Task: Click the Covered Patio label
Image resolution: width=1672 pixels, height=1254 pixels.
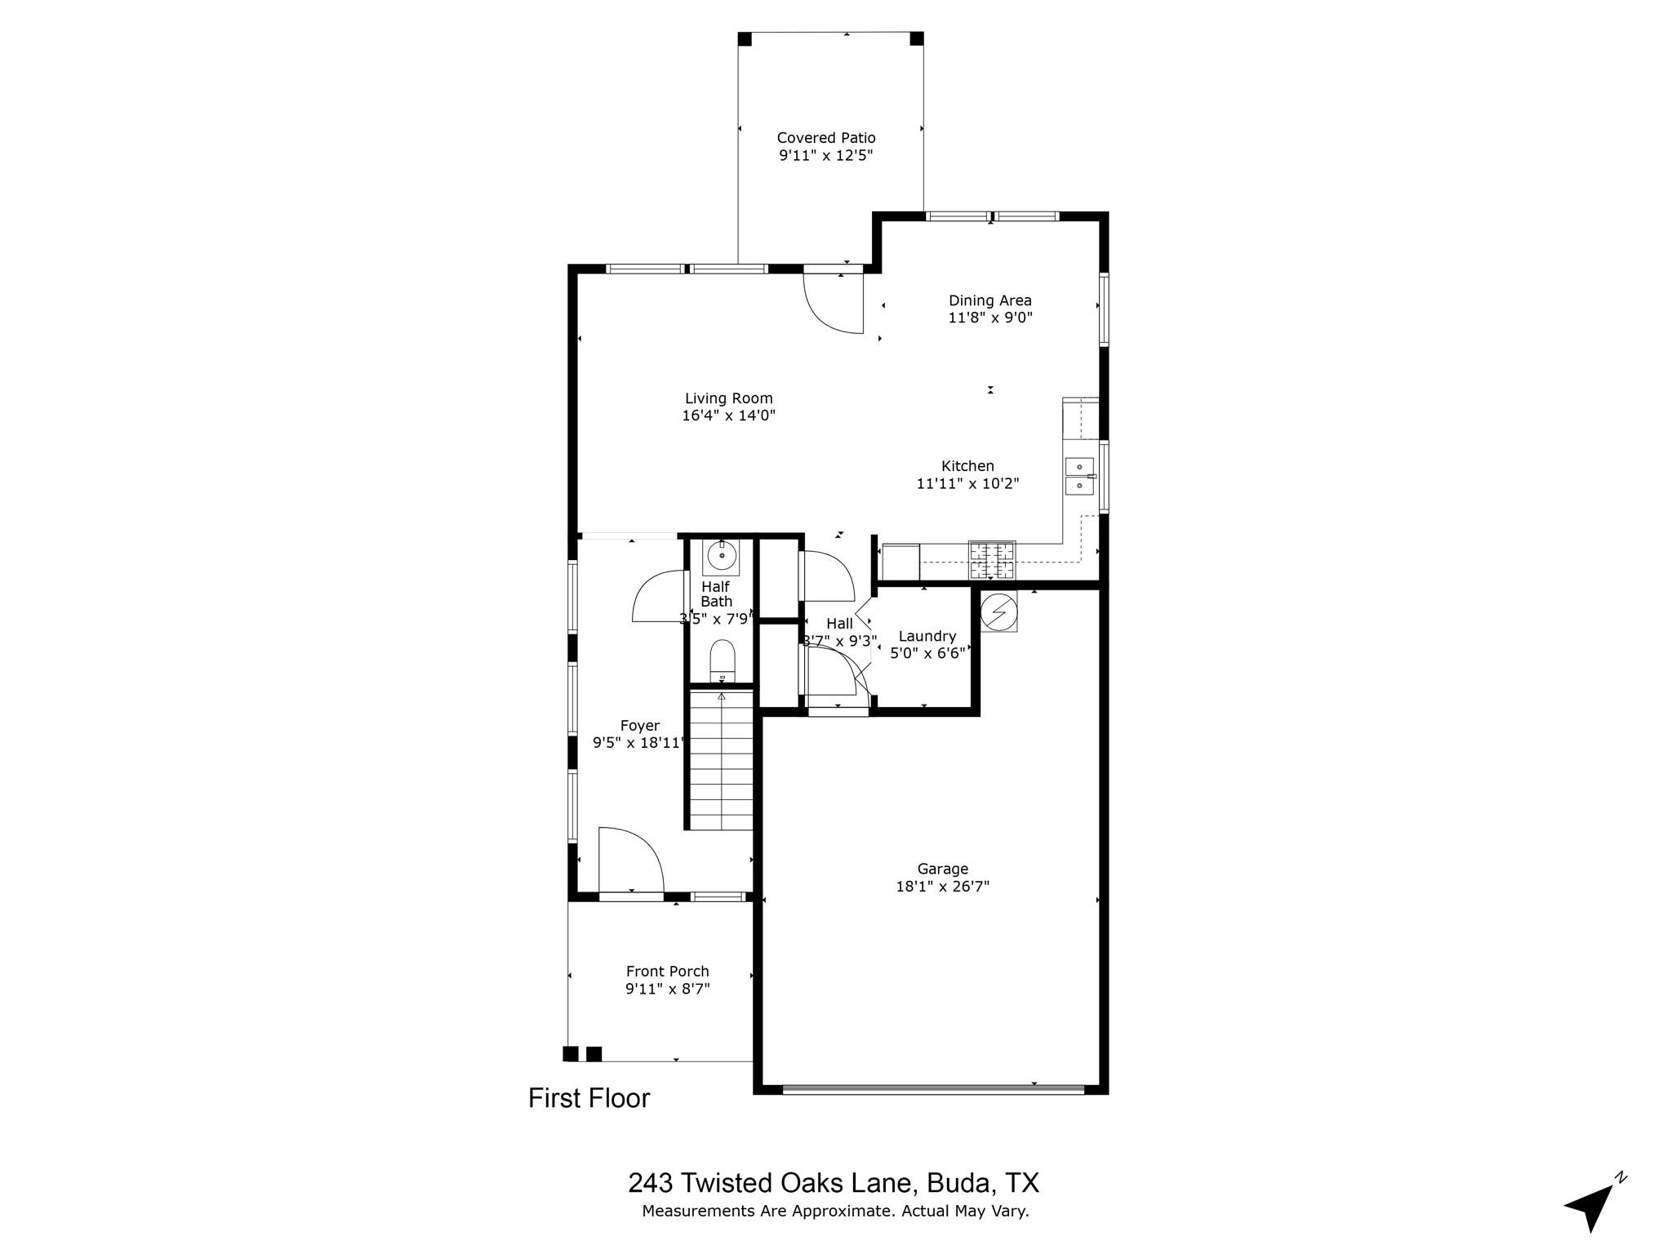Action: (x=825, y=138)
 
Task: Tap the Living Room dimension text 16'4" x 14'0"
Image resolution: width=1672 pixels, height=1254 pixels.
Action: (x=728, y=416)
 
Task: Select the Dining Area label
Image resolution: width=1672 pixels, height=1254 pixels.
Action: (x=989, y=300)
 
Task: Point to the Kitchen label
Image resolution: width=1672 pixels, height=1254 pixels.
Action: (x=967, y=466)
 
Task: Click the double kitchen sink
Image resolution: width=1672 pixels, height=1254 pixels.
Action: (x=1079, y=476)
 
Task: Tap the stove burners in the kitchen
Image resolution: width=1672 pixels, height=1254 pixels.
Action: (x=992, y=559)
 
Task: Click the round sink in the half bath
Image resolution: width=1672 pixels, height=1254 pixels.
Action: (x=722, y=556)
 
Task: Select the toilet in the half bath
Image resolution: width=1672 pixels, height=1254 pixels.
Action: (x=723, y=660)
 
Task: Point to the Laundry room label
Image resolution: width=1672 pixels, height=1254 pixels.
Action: (x=927, y=636)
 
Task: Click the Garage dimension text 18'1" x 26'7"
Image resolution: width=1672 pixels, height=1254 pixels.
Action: (x=942, y=887)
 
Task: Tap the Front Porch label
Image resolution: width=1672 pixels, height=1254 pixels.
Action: (x=667, y=972)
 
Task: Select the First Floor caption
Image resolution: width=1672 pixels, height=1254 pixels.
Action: (x=589, y=1098)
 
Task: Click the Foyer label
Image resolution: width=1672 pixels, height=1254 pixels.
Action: (x=639, y=726)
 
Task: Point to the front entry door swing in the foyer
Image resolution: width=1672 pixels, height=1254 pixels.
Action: (x=630, y=861)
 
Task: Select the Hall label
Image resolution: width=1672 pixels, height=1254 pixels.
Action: (x=839, y=624)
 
